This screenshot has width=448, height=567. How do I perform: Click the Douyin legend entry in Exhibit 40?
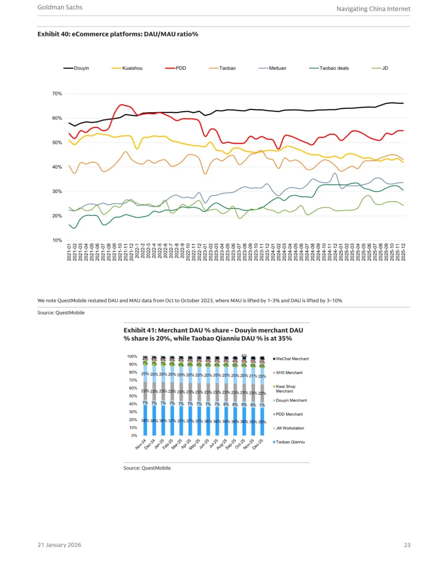[x=81, y=68]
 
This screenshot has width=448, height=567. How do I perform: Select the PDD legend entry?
[x=180, y=68]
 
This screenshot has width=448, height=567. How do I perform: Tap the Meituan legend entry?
[x=277, y=68]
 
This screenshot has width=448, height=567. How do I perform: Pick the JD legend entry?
[x=385, y=68]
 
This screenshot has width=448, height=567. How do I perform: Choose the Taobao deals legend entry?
[x=334, y=68]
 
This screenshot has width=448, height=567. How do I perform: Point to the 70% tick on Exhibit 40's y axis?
[x=57, y=94]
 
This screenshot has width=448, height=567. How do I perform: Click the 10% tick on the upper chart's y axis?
[x=57, y=240]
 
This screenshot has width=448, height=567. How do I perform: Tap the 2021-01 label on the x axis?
[x=69, y=252]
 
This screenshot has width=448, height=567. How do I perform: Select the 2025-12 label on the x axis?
[x=403, y=252]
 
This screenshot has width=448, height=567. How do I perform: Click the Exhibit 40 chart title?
[x=118, y=34]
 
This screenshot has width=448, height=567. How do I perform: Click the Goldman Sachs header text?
[x=60, y=7]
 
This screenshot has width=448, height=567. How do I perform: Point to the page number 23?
[x=407, y=545]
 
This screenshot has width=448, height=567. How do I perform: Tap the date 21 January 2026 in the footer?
[x=59, y=545]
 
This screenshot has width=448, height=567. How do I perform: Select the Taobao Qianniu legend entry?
[x=290, y=442]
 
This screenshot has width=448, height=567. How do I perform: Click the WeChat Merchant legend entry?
[x=292, y=359]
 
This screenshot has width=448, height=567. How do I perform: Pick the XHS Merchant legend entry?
[x=289, y=373]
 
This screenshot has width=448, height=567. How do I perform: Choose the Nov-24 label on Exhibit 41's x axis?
[x=141, y=444]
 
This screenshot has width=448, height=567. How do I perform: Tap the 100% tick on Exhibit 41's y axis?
[x=132, y=357]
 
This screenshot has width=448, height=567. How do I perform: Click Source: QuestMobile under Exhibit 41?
[x=147, y=468]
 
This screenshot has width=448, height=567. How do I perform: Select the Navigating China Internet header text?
[x=373, y=9]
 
